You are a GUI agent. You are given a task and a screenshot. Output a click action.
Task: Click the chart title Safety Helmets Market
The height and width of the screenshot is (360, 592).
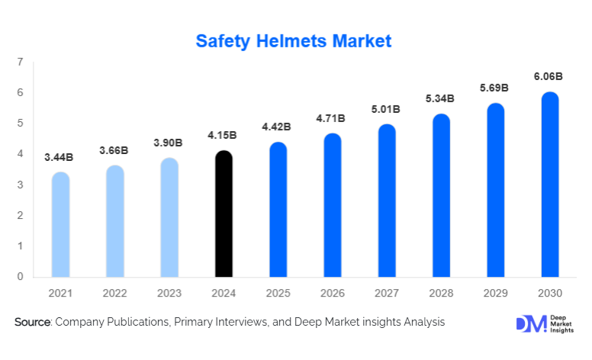click(294, 41)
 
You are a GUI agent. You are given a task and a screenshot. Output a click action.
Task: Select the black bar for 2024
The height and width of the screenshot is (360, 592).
click(224, 214)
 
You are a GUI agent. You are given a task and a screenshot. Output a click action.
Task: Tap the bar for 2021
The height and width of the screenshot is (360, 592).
click(60, 225)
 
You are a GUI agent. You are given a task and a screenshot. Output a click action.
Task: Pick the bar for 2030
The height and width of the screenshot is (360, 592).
click(550, 185)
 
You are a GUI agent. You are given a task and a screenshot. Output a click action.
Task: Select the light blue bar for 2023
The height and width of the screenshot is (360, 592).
click(169, 218)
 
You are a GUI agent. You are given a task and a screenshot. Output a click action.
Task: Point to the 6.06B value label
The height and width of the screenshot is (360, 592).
click(549, 76)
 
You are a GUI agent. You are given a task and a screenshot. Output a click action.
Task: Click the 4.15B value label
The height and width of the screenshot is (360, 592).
click(222, 135)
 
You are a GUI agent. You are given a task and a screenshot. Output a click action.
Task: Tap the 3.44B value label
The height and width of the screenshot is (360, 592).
click(59, 157)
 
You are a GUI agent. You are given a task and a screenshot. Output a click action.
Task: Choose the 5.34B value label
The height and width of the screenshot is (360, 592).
click(439, 98)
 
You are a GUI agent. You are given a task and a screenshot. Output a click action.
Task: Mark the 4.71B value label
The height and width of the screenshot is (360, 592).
click(330, 118)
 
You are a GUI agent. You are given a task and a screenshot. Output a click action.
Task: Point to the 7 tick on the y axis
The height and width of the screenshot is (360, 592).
click(20, 62)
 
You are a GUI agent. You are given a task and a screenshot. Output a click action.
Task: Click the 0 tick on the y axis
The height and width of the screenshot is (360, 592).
click(20, 277)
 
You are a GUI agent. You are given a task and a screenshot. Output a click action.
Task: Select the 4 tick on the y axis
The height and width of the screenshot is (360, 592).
click(20, 154)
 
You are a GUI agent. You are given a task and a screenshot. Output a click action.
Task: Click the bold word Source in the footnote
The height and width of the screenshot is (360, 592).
click(32, 323)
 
